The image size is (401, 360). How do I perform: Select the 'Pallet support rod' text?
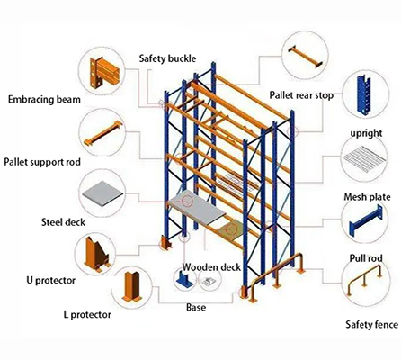pos(46,162)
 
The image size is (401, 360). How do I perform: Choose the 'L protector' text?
pos(88,315)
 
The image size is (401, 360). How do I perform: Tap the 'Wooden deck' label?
pos(210,267)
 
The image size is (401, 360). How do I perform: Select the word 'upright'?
pos(366,133)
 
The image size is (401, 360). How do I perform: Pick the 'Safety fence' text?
pos(371,321)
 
